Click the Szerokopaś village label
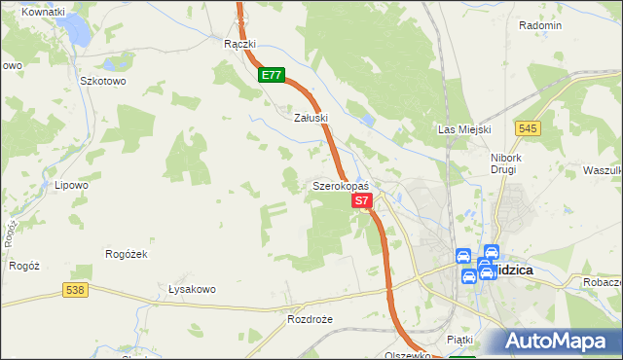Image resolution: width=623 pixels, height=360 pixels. pyautogui.click(x=340, y=185)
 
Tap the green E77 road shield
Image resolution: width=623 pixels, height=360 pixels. pyautogui.click(x=272, y=74)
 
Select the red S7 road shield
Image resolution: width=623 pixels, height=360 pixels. pyautogui.click(x=361, y=200)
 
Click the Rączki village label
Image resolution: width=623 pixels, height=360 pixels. pyautogui.click(x=238, y=45)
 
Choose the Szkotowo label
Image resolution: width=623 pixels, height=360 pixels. pyautogui.click(x=103, y=82)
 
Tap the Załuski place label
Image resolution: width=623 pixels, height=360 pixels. pyautogui.click(x=311, y=117)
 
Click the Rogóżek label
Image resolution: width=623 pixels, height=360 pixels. pyautogui.click(x=125, y=254)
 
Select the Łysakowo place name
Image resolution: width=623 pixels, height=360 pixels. pyautogui.click(x=191, y=289)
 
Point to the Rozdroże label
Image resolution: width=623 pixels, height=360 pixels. pyautogui.click(x=310, y=319)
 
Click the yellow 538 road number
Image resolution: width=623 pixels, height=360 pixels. pyautogui.click(x=75, y=290)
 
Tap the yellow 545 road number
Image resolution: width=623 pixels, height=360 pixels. pyautogui.click(x=529, y=128)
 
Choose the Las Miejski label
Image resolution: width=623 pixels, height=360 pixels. pyautogui.click(x=464, y=129)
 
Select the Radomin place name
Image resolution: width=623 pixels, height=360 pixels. pyautogui.click(x=540, y=25)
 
